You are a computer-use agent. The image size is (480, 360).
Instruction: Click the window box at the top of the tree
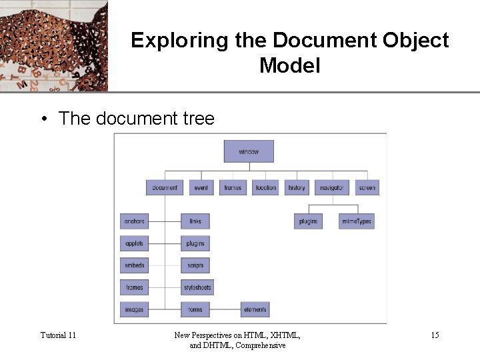249,151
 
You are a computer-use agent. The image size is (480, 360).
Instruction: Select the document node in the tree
165,187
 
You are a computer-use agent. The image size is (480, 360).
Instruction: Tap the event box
201,187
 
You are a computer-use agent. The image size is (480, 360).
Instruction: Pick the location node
265,187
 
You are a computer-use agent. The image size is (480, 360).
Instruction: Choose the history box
297,187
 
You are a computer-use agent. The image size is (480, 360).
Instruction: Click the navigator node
331,187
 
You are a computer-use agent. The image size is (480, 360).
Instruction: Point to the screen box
367,187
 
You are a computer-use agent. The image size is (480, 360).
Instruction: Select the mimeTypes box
357,221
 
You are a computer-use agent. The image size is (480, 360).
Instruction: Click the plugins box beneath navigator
308,221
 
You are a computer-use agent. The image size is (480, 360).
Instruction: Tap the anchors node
134,221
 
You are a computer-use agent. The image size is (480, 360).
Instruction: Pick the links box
195,221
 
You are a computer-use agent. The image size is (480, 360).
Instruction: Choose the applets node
134,243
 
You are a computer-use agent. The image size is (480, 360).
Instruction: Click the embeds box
134,265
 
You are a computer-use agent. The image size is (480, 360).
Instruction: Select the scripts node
195,265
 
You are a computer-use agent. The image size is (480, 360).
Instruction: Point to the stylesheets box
197,287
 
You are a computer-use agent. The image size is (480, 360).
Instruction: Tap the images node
134,309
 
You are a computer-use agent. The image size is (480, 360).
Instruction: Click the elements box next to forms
255,309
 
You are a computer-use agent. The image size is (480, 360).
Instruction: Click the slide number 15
435,335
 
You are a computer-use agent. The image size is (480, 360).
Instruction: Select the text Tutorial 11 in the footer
58,335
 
